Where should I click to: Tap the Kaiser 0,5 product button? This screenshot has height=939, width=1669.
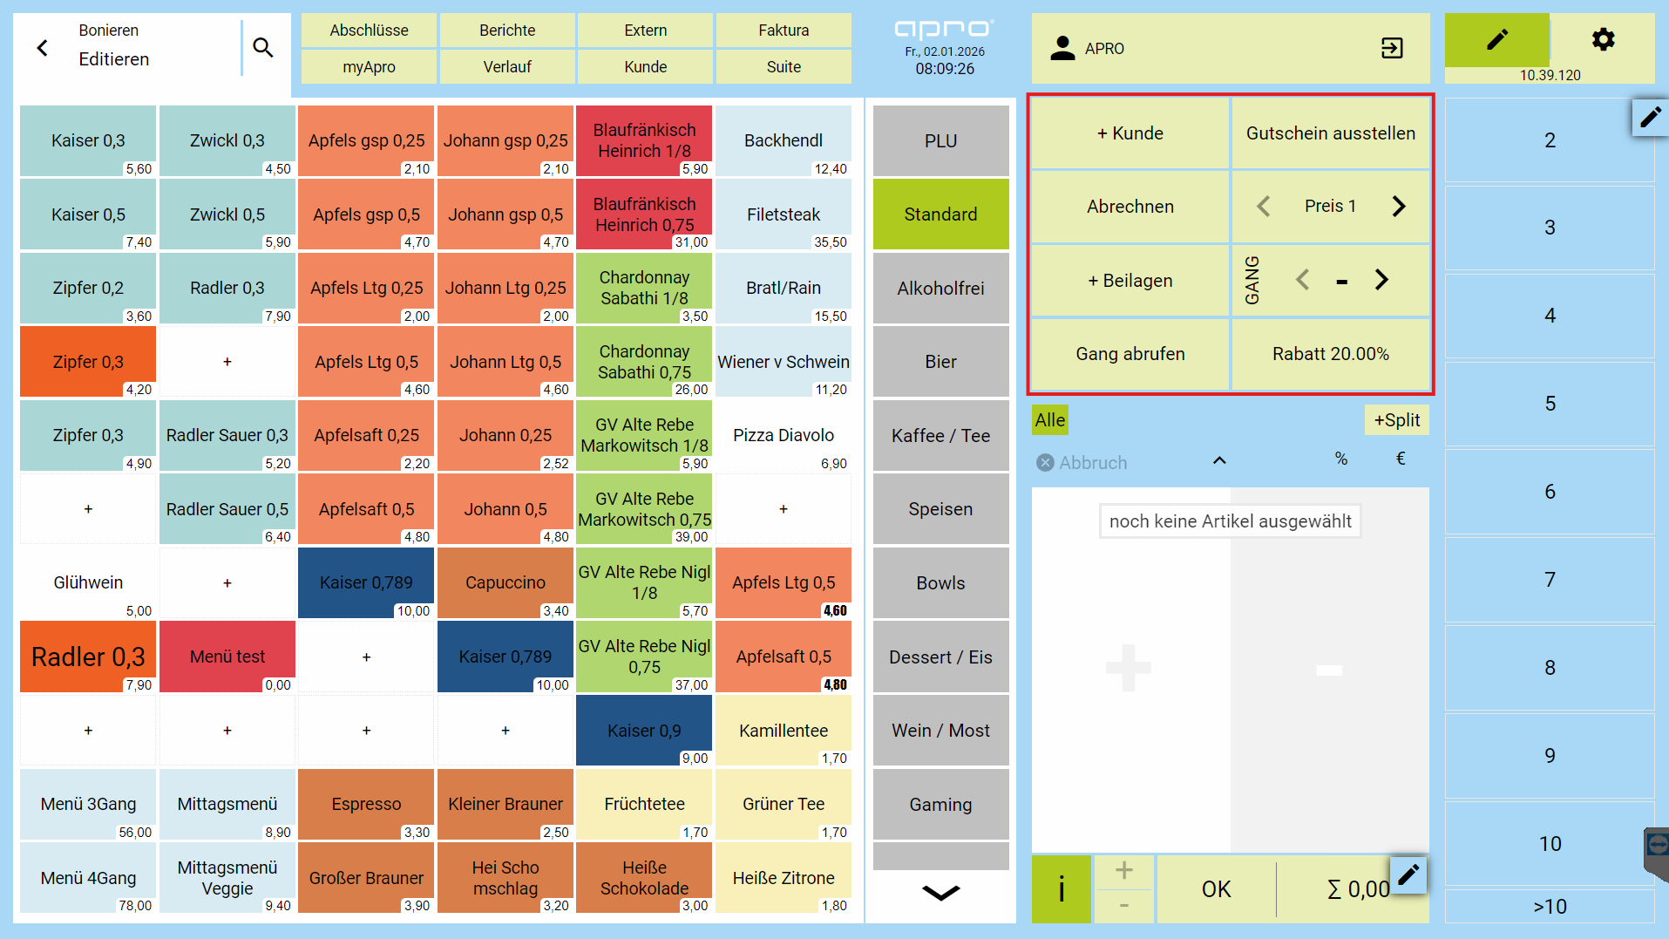click(x=88, y=214)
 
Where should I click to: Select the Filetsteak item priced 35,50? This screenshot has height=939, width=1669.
click(x=784, y=214)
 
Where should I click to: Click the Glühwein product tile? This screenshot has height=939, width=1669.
click(x=88, y=583)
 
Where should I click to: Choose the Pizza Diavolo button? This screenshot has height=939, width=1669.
click(x=784, y=436)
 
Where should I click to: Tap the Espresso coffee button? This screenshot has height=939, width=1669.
click(x=366, y=805)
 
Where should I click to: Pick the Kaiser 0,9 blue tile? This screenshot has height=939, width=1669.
click(x=644, y=731)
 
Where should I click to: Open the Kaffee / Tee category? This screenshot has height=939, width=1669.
click(x=940, y=436)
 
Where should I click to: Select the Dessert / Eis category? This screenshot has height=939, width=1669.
click(x=940, y=657)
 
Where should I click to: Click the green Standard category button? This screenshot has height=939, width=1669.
click(x=940, y=214)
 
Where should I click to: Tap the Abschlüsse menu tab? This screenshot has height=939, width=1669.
click(x=369, y=31)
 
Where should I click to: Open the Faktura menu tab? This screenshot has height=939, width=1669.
click(x=784, y=31)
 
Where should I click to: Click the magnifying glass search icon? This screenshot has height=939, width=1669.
click(x=263, y=48)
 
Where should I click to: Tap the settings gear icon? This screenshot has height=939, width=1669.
click(x=1603, y=39)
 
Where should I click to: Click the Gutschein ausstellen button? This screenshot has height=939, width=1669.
click(x=1331, y=133)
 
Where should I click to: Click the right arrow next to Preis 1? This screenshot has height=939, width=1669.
click(x=1399, y=207)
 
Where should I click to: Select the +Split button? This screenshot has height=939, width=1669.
click(x=1397, y=420)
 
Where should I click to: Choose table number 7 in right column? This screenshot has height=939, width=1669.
click(x=1550, y=580)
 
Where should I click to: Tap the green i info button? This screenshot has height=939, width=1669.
click(x=1062, y=889)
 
